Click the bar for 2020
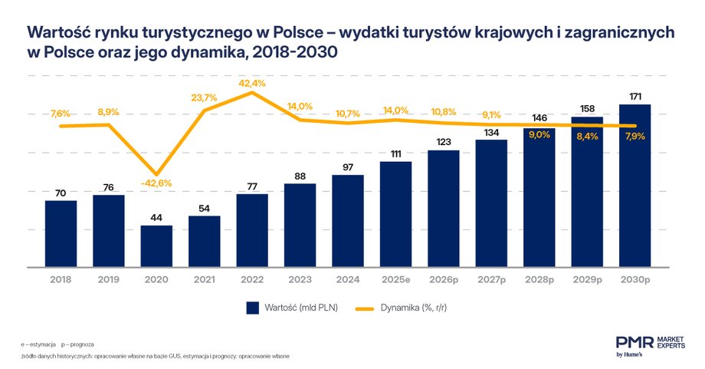(x=156, y=247)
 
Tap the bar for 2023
(x=300, y=226)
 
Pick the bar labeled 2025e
(x=395, y=215)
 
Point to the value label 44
(x=156, y=218)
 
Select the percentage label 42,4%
(x=252, y=83)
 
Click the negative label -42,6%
(x=156, y=183)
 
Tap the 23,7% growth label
(x=205, y=97)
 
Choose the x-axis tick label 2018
(x=61, y=279)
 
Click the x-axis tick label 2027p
(x=491, y=279)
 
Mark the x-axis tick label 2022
(x=252, y=279)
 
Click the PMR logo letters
(x=634, y=342)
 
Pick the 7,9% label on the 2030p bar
(x=634, y=137)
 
